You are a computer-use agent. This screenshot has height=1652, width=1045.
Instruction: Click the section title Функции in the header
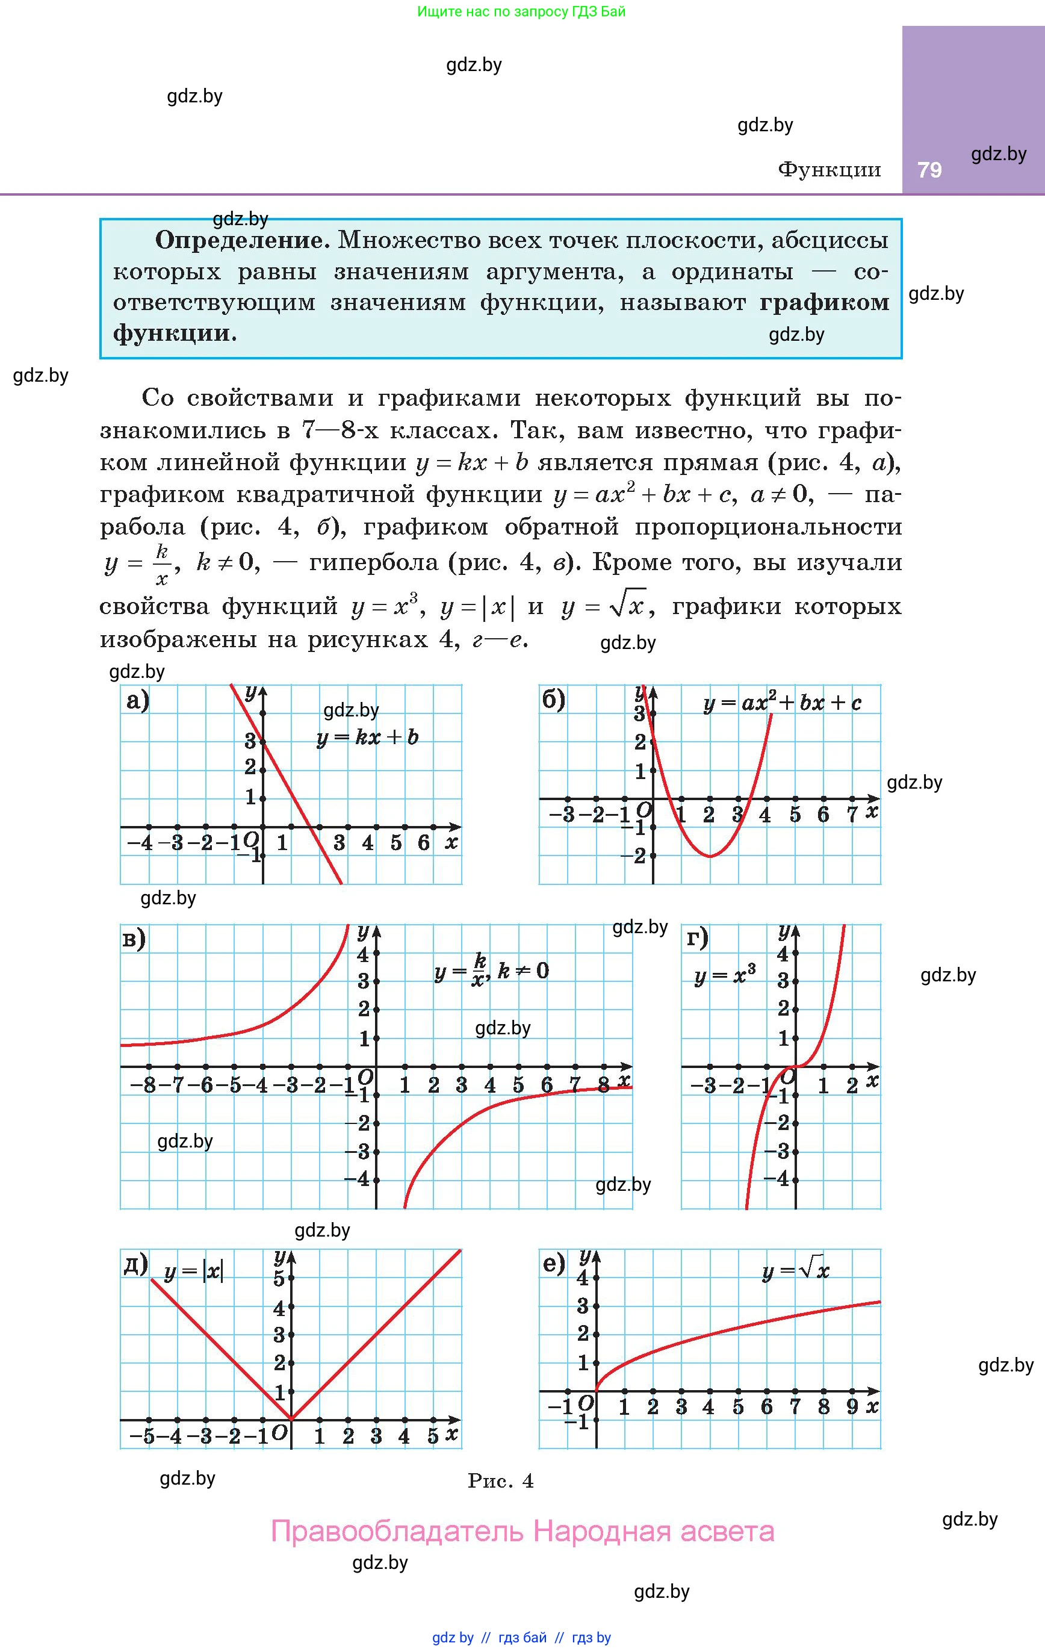[829, 169]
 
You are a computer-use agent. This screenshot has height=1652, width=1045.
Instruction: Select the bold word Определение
[243, 240]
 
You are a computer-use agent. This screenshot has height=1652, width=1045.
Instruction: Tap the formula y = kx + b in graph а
[367, 738]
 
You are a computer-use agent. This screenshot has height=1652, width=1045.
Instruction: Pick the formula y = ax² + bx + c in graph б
[782, 703]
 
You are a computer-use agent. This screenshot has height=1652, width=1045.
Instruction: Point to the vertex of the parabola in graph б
[710, 856]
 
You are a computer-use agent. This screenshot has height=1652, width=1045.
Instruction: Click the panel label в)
[134, 939]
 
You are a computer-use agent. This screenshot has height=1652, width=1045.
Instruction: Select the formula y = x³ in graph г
[725, 975]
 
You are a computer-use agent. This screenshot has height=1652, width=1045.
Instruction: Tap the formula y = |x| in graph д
[193, 1272]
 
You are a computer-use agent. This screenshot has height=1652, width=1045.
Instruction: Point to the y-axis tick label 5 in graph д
[279, 1278]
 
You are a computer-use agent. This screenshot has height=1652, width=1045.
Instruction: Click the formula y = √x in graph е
[796, 1270]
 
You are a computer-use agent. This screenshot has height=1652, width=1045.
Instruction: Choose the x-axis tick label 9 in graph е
[852, 1407]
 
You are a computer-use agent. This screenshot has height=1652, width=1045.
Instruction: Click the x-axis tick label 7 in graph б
[852, 815]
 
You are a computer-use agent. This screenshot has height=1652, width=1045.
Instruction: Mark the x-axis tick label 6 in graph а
[424, 843]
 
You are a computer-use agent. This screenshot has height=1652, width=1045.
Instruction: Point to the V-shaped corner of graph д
[291, 1420]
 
